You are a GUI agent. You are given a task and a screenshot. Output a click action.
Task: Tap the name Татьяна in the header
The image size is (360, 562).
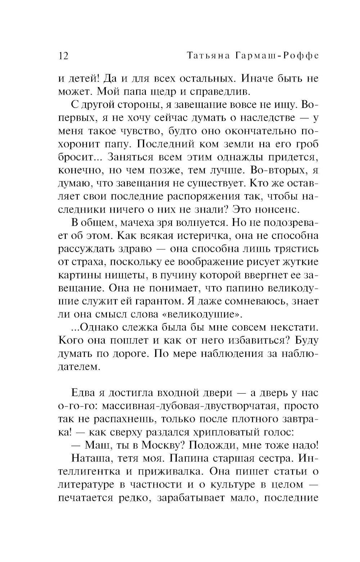pos(201,56)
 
